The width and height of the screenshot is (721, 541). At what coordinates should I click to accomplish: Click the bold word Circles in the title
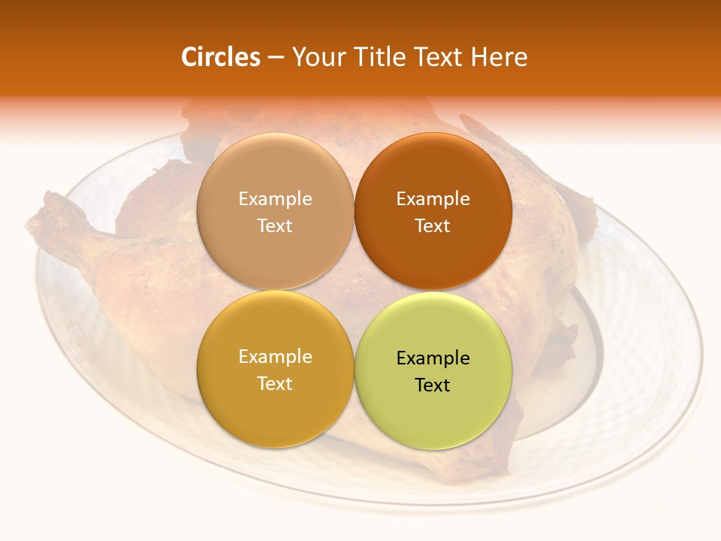pos(221,57)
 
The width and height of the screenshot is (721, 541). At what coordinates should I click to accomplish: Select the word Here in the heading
pos(499,57)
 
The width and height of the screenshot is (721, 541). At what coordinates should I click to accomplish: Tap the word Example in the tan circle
pos(275,198)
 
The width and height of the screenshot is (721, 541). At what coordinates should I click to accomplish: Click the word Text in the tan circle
pos(275,225)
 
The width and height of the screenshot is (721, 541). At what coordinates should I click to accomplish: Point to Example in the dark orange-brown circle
pos(433,198)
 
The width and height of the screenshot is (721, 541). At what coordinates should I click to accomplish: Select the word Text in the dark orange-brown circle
pos(433,225)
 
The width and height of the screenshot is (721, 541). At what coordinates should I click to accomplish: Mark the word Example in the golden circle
pos(275,356)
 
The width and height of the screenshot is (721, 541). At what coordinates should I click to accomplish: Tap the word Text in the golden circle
pos(275,383)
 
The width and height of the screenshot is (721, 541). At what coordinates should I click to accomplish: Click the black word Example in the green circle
pos(433,358)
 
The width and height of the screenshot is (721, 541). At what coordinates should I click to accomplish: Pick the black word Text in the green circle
pos(433,385)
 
